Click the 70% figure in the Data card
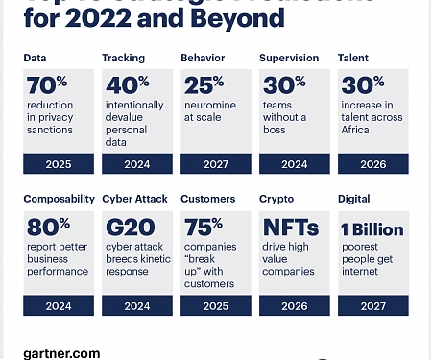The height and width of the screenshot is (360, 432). coord(46,85)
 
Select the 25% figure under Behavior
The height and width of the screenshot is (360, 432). coord(203,85)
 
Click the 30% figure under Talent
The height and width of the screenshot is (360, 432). coord(361,85)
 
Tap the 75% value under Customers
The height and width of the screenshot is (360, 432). coord(204,229)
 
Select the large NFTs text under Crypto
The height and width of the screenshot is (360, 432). coord(289,229)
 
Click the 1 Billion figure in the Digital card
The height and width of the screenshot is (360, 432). coord(372,229)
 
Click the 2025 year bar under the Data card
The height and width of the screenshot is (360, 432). coord(59,163)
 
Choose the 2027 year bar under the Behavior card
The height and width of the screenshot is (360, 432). coord(216,163)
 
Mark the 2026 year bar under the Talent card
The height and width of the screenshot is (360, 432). coord(372,163)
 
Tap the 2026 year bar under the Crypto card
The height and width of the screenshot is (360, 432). coord(294,306)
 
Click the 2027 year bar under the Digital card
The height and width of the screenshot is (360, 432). coord(372,306)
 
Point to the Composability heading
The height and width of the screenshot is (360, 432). coord(58,199)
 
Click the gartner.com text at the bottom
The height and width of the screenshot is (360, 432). coord(61,353)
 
